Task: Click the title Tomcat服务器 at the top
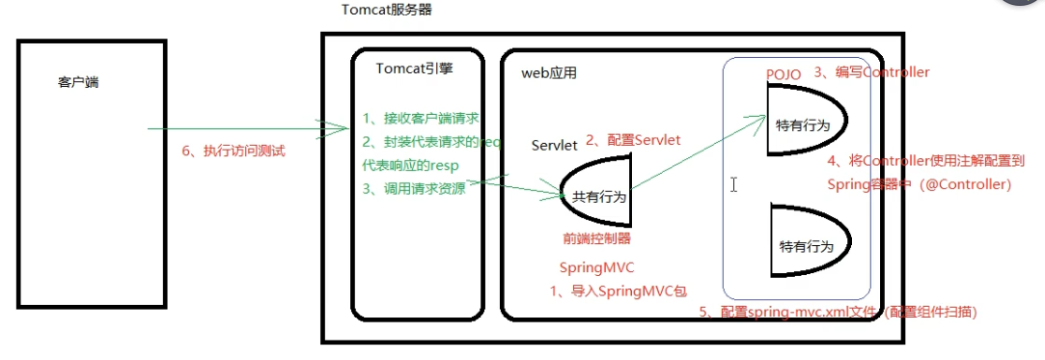coord(387,10)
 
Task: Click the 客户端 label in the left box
coord(78,82)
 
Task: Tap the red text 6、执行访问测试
coord(234,152)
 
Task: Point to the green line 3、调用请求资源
coord(414,188)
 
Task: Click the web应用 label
coord(549,73)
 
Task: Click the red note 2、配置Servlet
coord(635,140)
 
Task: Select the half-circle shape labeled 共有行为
coord(594,195)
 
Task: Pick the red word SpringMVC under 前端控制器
coord(597,266)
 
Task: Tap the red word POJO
coord(784,74)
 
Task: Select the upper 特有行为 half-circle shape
coord(805,123)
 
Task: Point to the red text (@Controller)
coord(967,184)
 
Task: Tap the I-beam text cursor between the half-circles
coord(734,183)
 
